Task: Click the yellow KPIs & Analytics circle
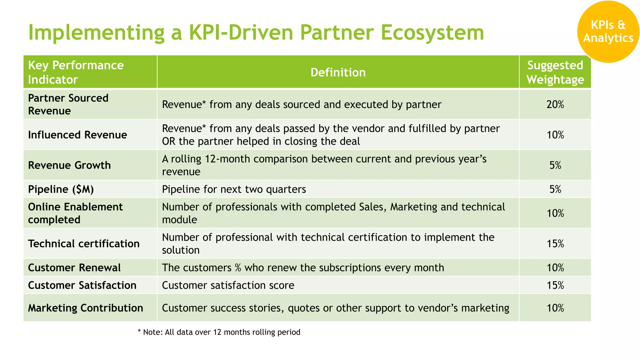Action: (x=608, y=31)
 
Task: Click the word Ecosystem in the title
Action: (x=432, y=32)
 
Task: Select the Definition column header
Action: (x=338, y=72)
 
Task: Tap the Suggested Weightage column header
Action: (x=555, y=72)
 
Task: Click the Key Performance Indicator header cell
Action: (x=76, y=72)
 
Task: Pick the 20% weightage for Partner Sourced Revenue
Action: (x=555, y=104)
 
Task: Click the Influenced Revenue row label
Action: (x=77, y=135)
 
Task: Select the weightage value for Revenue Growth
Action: (x=555, y=165)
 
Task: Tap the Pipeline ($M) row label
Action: (x=61, y=189)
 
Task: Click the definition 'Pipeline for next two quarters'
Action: (x=234, y=189)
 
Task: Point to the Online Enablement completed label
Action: (x=75, y=213)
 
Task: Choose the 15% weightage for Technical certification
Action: (x=555, y=244)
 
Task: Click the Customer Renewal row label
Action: (x=74, y=268)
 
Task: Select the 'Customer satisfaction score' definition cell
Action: (x=228, y=285)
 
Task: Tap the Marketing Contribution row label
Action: (x=86, y=308)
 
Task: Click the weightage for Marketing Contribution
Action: (x=555, y=308)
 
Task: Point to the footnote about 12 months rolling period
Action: (x=219, y=332)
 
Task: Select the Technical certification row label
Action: (x=84, y=244)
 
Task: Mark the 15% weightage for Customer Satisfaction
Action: (x=555, y=285)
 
